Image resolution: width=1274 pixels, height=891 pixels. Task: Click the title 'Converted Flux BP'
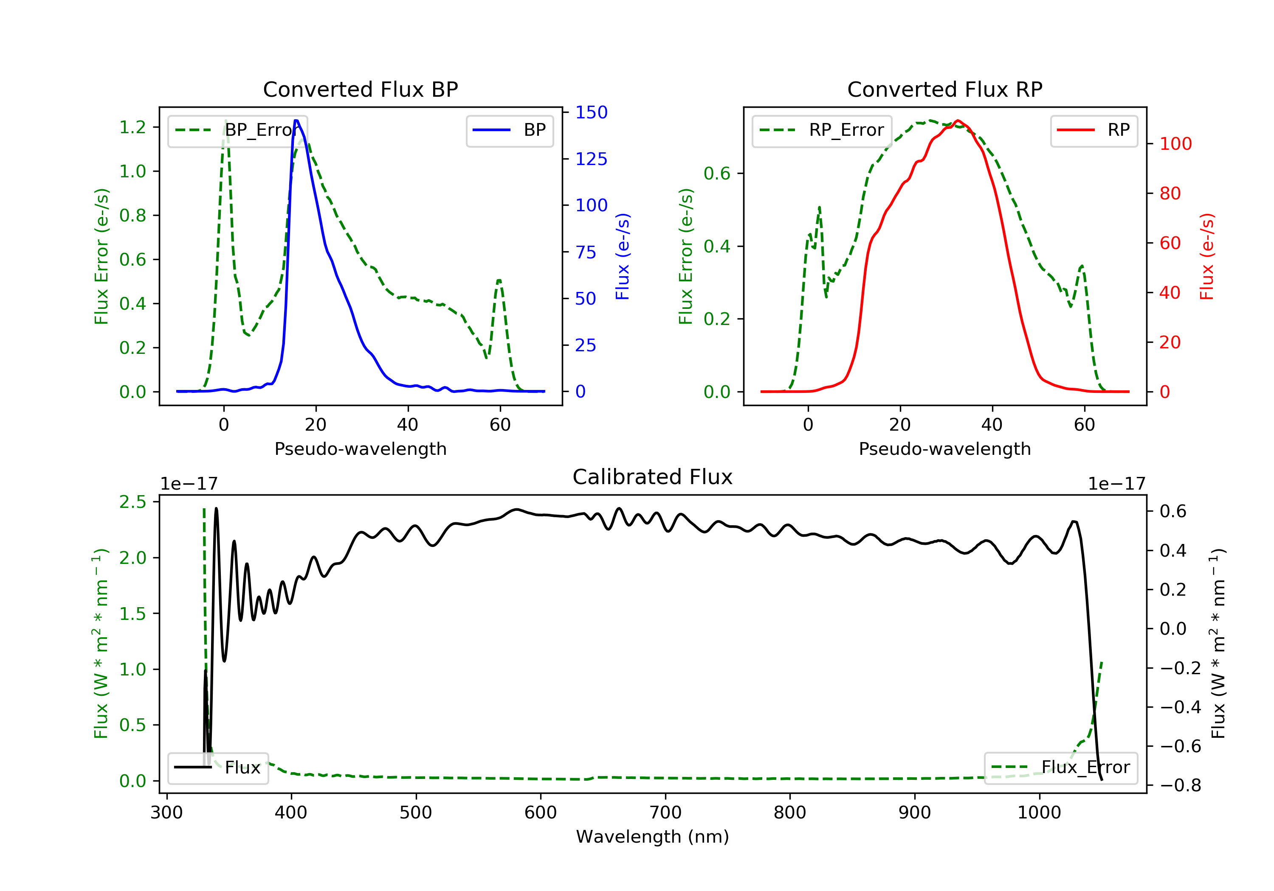click(x=360, y=89)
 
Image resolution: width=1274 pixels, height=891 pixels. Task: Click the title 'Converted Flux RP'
click(x=944, y=89)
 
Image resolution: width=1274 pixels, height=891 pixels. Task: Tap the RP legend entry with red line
click(x=1094, y=130)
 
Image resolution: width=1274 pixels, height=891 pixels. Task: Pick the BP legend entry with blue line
click(x=509, y=130)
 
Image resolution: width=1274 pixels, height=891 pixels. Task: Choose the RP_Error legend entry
click(x=822, y=130)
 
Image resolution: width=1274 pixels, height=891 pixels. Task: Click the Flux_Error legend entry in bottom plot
click(x=1060, y=768)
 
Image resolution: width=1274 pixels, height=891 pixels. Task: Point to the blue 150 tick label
click(x=591, y=112)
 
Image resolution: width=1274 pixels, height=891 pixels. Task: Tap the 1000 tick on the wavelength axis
click(x=1039, y=813)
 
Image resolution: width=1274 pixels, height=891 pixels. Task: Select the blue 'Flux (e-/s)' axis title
click(x=623, y=256)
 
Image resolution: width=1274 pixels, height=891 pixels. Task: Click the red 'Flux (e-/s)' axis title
click(x=1207, y=256)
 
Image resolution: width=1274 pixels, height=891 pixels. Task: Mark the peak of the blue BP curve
click(x=296, y=120)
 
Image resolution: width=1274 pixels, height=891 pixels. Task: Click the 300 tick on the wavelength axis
click(x=166, y=813)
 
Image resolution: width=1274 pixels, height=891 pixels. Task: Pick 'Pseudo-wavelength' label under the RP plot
click(x=944, y=448)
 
